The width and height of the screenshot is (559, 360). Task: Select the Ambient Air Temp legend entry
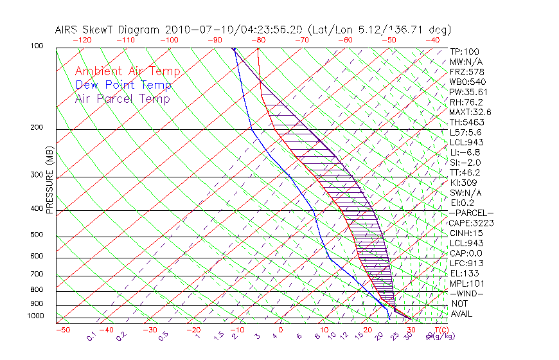[127, 71]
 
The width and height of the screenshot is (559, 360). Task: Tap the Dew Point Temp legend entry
[123, 85]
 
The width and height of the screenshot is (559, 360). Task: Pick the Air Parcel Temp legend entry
[122, 98]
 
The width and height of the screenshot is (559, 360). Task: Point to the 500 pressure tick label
[38, 235]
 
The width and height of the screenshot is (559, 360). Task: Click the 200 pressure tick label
[38, 127]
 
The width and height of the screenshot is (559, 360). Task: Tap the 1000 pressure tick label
[36, 316]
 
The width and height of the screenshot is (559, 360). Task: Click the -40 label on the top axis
[432, 40]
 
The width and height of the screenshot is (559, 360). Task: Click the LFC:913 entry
[466, 263]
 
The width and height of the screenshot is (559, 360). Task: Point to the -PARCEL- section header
[471, 213]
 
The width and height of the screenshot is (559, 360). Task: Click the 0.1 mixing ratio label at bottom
[91, 335]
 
